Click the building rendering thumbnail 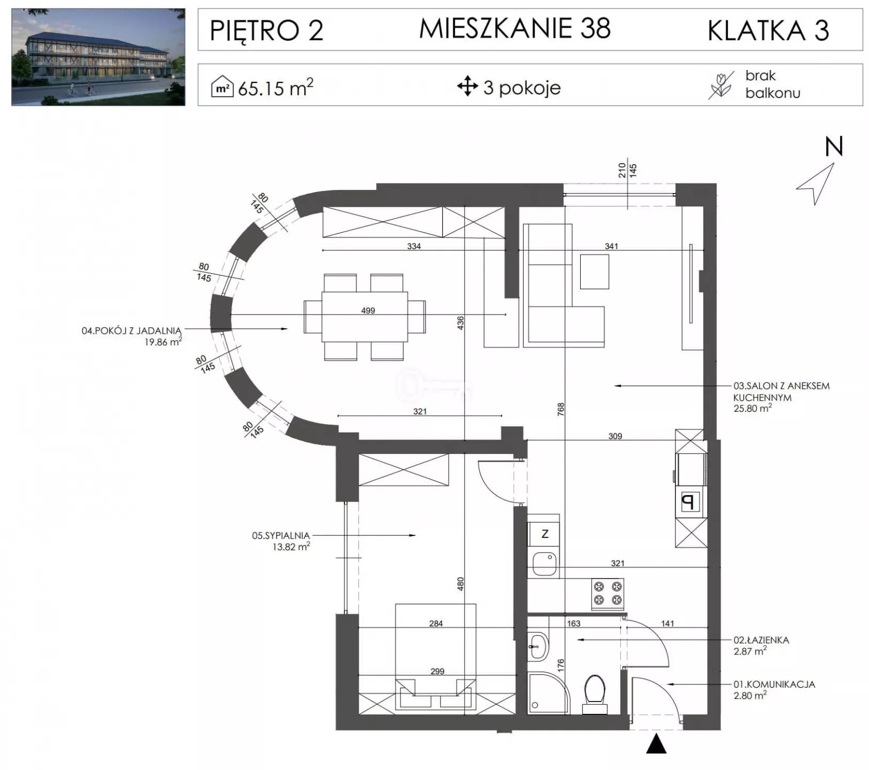tap(98, 57)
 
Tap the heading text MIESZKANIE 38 tap(514, 28)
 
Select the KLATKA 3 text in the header tap(768, 30)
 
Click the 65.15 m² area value tap(275, 87)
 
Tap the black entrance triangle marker tap(656, 744)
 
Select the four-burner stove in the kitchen tap(607, 594)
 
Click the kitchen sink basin tap(544, 564)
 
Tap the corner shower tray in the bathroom tap(548, 692)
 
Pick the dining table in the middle tap(365, 317)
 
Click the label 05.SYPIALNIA tap(281, 535)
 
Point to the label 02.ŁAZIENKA tap(761, 640)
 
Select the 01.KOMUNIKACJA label tap(774, 684)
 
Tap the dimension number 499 tap(368, 310)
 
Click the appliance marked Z tap(544, 534)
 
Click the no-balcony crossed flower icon tap(721, 86)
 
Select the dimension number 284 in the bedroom tap(436, 623)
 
